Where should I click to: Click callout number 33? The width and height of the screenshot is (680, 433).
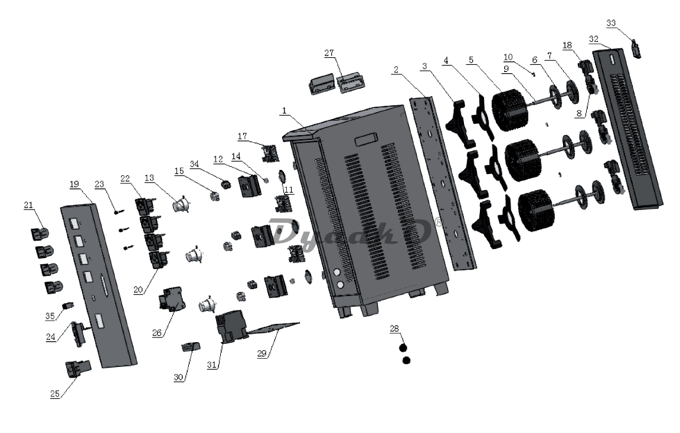[x=610, y=23]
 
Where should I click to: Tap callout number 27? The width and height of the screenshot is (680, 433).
[x=329, y=53]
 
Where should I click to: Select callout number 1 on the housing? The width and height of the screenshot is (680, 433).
[x=284, y=110]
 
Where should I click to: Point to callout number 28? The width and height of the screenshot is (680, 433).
[x=394, y=328]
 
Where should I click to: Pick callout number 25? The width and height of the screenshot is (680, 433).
[x=55, y=394]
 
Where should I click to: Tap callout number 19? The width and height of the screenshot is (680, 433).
[x=74, y=184]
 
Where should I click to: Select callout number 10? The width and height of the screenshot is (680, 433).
[x=508, y=57]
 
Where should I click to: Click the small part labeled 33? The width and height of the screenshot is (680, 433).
[x=636, y=48]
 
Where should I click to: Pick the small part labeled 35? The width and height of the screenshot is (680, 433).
[x=68, y=306]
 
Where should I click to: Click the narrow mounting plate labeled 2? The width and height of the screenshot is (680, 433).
[x=441, y=183]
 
